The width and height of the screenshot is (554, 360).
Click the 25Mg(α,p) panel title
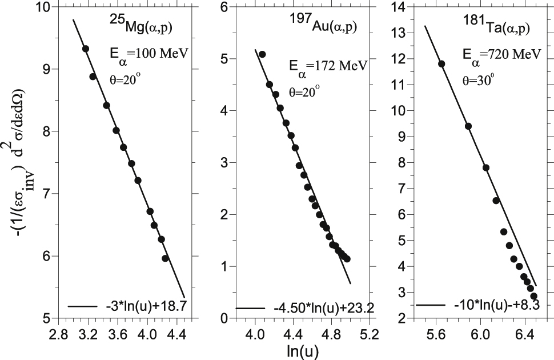138,24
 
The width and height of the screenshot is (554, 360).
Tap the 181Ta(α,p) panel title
496,25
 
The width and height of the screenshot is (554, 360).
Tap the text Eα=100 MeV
146,55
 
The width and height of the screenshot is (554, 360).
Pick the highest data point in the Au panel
262,54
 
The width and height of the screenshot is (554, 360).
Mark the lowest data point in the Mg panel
165,258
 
